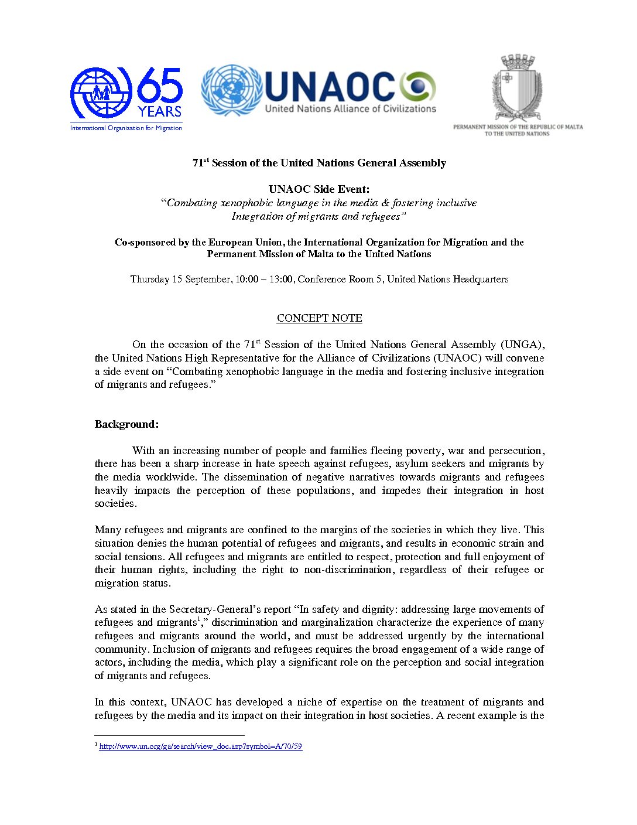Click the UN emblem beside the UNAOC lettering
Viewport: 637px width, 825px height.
coord(232,90)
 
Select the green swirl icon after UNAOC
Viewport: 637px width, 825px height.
coord(418,88)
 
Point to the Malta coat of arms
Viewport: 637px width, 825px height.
coord(517,88)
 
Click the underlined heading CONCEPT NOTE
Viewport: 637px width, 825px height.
coord(319,318)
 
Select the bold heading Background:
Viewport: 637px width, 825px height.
coord(126,424)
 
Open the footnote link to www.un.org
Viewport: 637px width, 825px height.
coord(201,746)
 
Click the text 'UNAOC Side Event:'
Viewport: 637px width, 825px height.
coord(319,189)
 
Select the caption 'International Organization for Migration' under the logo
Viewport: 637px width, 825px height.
coord(126,128)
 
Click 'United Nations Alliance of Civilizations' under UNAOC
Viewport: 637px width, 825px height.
coord(351,109)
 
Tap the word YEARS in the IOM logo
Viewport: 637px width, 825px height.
coord(160,111)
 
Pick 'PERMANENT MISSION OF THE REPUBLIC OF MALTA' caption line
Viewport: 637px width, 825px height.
coord(518,127)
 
